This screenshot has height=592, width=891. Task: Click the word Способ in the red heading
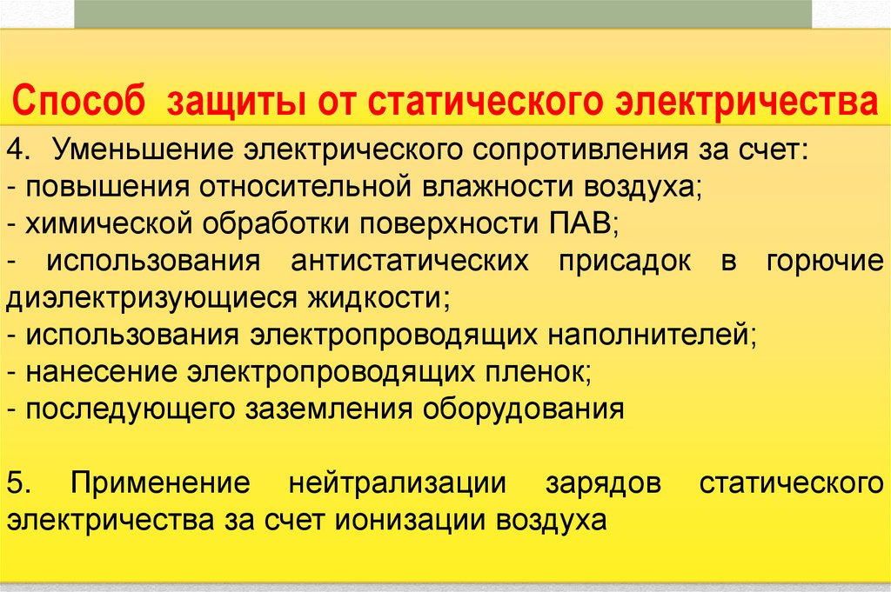(78, 101)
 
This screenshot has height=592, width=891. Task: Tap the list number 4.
(18, 150)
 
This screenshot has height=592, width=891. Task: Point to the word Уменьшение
(144, 150)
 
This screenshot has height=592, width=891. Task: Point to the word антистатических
(410, 261)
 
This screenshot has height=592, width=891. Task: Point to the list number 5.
(18, 483)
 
